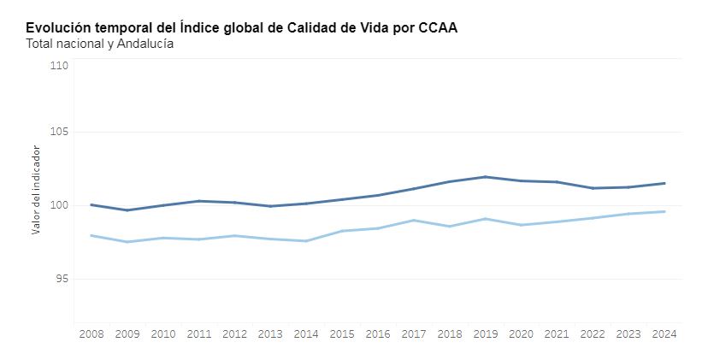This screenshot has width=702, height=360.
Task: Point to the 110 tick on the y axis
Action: pos(59,66)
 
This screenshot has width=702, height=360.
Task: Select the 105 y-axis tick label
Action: pos(59,133)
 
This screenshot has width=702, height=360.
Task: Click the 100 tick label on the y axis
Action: pos(59,206)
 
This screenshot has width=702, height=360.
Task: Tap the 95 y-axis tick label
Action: pos(62,279)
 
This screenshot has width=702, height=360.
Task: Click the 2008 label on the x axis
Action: pos(91,333)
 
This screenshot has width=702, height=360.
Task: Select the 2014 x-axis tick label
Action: pos(306,333)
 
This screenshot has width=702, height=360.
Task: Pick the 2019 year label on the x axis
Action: pos(485,333)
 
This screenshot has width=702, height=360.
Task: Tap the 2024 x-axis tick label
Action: pos(664,333)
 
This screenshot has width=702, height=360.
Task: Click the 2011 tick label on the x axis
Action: pos(198,333)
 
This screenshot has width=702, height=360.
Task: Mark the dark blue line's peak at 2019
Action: pos(486,177)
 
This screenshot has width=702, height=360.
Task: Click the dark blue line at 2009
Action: pos(127,210)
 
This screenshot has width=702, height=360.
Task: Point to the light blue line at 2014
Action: pos(306,241)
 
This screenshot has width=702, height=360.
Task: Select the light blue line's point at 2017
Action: pos(414,220)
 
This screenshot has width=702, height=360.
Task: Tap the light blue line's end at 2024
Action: pos(664,211)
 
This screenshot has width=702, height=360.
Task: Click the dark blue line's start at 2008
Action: pos(91,204)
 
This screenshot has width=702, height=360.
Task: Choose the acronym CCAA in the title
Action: pos(438,28)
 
